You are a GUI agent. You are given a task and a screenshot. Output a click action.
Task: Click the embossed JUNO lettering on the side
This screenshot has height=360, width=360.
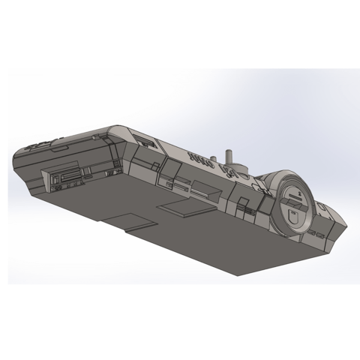pos(201,160)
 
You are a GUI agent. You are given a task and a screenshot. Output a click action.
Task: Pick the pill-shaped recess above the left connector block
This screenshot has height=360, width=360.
pos(57,151)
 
